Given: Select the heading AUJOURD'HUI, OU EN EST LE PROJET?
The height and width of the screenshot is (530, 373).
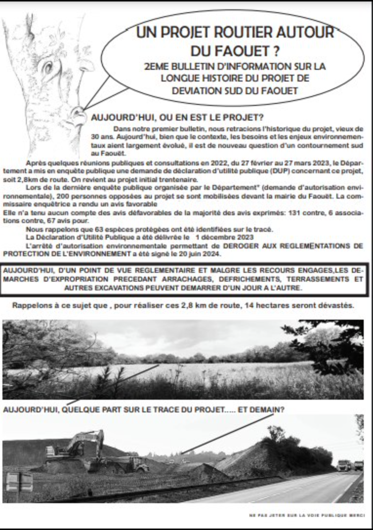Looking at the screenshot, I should coord(178,118).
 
